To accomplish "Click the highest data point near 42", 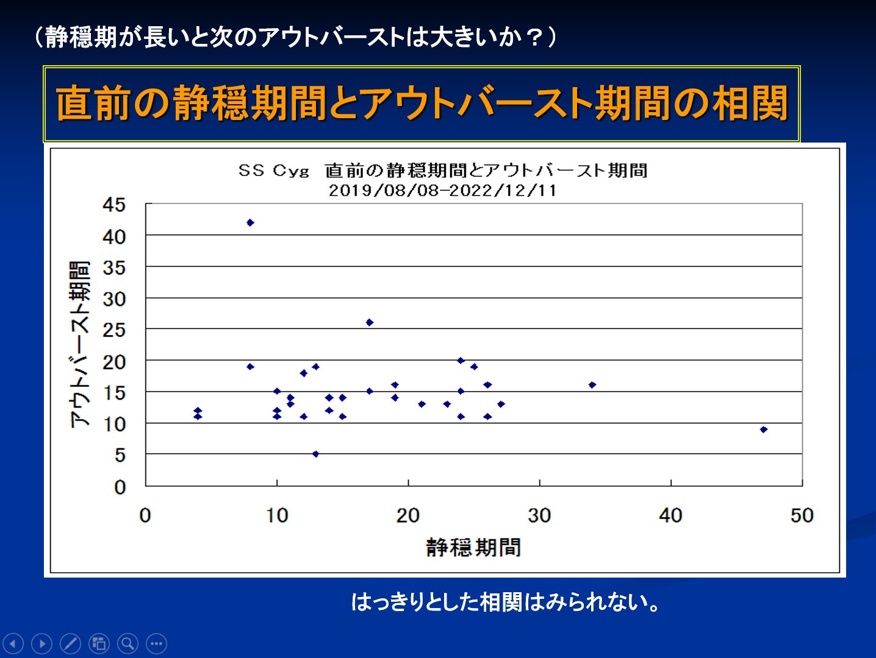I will tap(250, 222).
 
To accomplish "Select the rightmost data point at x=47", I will tap(764, 430).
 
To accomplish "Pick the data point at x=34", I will tap(592, 385).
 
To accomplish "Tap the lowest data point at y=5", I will tap(315, 454).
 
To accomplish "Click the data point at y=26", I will tap(369, 322).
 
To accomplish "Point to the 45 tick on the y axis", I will tap(114, 205).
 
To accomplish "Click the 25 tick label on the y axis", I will tap(114, 330).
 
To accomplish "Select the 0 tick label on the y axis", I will tap(120, 486).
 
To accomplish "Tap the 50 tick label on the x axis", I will tap(802, 515).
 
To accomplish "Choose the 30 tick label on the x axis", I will tap(539, 515).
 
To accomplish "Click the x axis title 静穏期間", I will tap(473, 547).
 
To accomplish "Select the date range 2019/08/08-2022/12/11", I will tap(443, 190).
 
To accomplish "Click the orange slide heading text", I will tap(422, 104).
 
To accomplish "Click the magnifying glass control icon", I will tap(127, 643).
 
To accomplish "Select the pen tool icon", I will tap(70, 643).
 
